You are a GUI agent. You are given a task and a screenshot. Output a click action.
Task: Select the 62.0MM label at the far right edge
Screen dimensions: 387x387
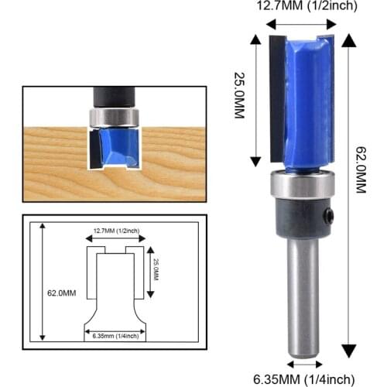[372, 193]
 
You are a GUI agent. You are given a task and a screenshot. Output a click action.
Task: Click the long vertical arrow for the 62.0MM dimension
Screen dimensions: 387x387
[351, 193]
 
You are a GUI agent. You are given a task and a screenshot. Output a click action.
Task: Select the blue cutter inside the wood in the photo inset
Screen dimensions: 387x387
[116, 147]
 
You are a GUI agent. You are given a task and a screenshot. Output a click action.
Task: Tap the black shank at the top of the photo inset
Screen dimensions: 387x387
[115, 97]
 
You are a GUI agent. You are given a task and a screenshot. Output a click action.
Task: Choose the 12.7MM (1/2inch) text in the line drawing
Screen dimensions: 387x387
[114, 231]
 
